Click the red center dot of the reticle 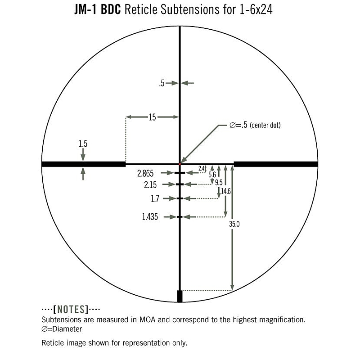(x=180, y=164)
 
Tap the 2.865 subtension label (x=145, y=173)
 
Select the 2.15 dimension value (x=150, y=184)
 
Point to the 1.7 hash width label (x=155, y=198)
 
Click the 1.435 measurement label (x=150, y=217)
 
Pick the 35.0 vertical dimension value (x=234, y=224)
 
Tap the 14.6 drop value (x=226, y=191)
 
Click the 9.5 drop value (x=219, y=183)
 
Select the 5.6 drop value (x=212, y=175)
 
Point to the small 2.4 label (x=201, y=168)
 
